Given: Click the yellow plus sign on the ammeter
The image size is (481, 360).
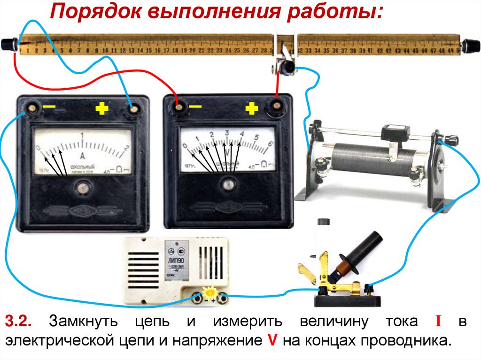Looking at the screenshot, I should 102,109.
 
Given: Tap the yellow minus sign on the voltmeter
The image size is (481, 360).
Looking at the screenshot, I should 195,107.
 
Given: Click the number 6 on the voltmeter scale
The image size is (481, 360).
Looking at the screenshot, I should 270,145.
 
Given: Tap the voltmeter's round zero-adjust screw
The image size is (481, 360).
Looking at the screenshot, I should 229,183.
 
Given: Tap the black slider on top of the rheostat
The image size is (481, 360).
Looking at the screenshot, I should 394,132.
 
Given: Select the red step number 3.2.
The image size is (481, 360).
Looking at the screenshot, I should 18,322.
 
